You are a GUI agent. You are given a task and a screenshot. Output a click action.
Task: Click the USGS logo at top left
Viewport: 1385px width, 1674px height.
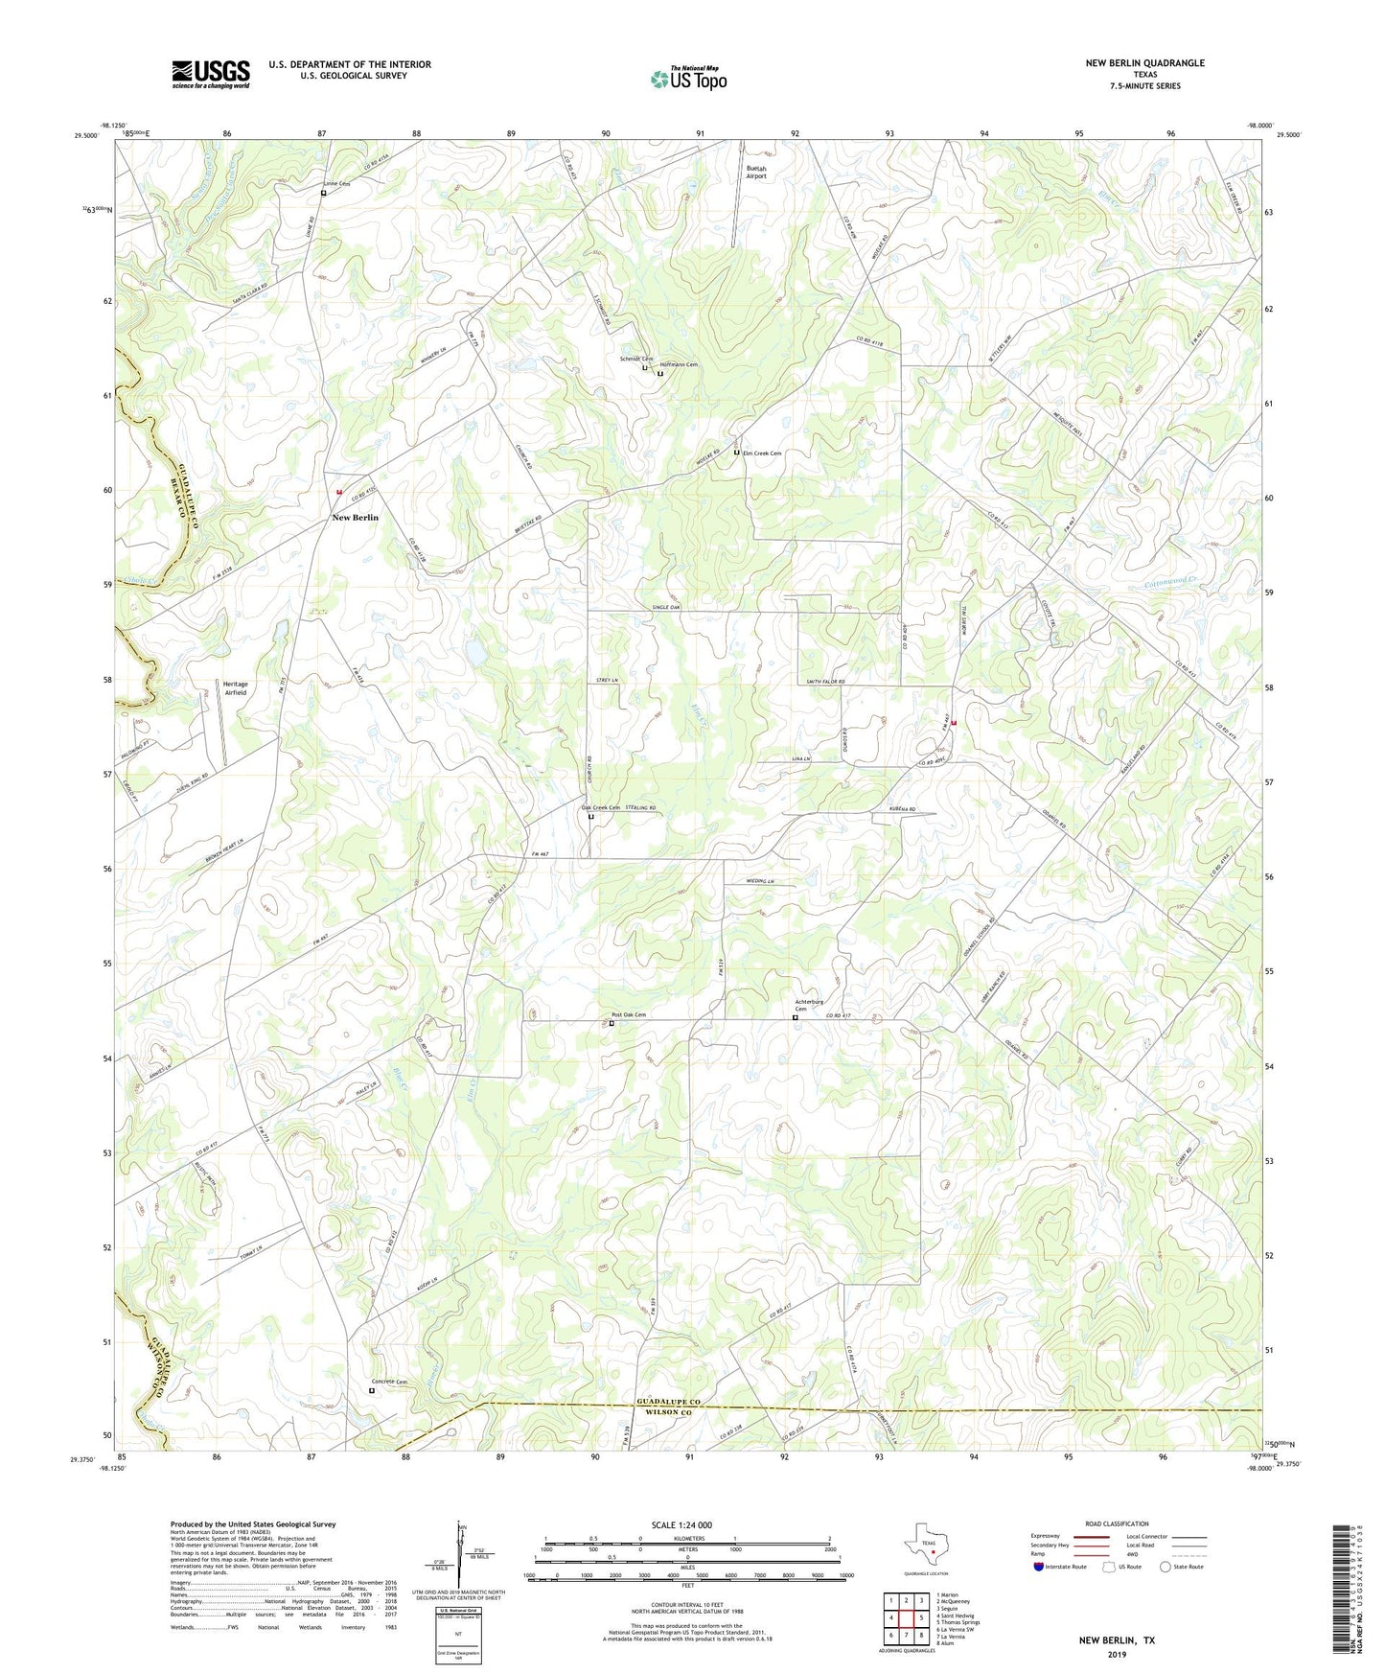point(211,74)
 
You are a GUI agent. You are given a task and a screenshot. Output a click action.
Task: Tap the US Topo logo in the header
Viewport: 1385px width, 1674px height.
point(688,79)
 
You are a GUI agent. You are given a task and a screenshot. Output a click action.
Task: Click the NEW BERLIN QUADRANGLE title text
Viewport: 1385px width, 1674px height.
point(1144,63)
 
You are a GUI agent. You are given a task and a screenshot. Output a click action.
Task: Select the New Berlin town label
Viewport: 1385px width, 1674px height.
point(355,518)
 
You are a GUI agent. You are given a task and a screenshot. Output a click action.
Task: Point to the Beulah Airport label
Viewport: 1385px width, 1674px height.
point(756,173)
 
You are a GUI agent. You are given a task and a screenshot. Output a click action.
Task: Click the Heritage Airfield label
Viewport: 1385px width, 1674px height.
point(235,687)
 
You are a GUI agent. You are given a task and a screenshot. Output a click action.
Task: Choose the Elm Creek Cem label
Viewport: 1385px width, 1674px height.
point(762,453)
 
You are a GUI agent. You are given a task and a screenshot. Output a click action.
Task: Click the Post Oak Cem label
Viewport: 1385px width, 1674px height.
point(629,1015)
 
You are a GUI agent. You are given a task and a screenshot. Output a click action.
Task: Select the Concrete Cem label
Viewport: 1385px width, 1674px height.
point(389,1382)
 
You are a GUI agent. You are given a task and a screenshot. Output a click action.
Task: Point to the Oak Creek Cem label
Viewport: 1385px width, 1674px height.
point(601,807)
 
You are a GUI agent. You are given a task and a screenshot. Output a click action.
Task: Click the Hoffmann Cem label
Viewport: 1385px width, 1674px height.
point(679,364)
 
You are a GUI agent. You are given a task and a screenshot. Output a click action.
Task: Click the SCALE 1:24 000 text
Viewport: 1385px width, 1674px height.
point(681,1524)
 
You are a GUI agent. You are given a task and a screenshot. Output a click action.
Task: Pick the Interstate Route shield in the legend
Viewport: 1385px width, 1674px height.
point(1040,1567)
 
